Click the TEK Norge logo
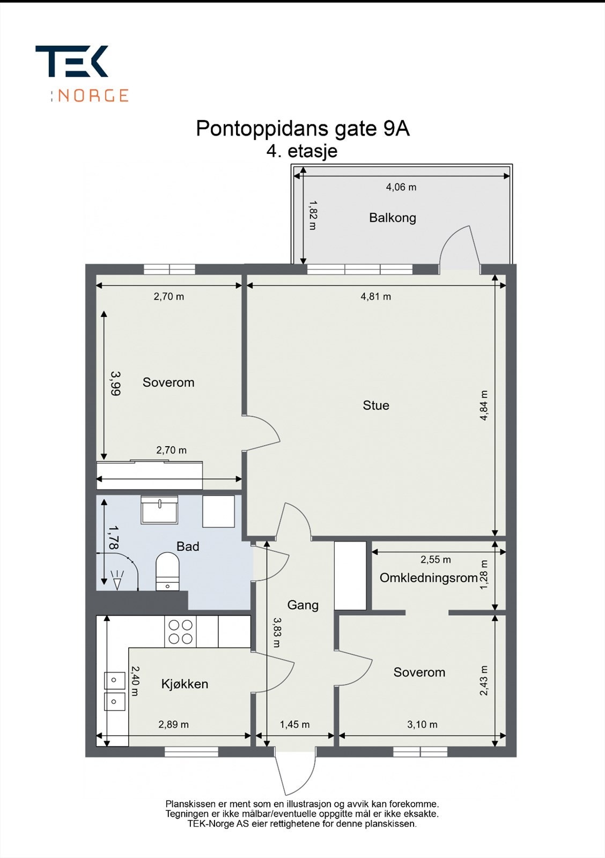[82, 73]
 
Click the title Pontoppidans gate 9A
[302, 129]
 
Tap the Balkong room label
[392, 218]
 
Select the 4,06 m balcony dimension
[401, 187]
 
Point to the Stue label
[375, 405]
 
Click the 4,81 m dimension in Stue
[375, 296]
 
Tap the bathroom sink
[159, 509]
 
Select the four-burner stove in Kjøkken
[181, 631]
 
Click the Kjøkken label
[185, 684]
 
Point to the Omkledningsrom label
[428, 578]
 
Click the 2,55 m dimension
[435, 560]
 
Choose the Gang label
[302, 605]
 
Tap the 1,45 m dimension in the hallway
[294, 724]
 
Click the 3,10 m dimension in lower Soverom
[422, 724]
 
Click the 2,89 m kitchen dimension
[173, 724]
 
